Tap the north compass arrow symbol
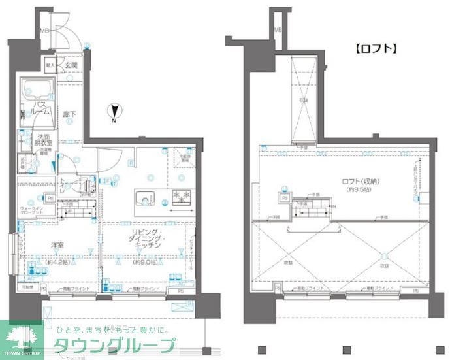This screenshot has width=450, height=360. click(x=114, y=112)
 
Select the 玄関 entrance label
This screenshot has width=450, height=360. click(x=71, y=65)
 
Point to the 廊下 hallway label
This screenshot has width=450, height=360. click(x=69, y=115)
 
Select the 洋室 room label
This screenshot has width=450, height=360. click(x=57, y=246)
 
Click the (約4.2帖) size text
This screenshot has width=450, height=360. click(x=57, y=263)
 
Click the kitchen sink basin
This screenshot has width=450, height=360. click(x=144, y=197)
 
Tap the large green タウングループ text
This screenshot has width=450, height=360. click(x=114, y=346)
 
